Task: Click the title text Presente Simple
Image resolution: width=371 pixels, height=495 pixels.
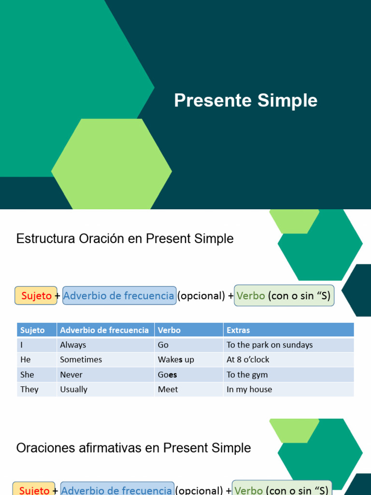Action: coord(245,101)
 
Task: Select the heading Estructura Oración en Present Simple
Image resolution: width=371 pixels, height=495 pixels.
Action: coord(125,239)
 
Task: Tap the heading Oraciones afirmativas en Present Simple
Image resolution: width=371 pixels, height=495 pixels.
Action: coord(133,448)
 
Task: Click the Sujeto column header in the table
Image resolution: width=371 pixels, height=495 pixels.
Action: coord(32,330)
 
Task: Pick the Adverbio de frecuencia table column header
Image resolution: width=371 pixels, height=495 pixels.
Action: coord(104,330)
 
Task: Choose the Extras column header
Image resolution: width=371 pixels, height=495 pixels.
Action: coord(238,330)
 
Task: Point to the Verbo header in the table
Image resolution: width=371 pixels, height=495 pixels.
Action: coord(169,330)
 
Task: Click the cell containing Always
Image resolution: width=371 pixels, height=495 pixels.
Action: coord(73,345)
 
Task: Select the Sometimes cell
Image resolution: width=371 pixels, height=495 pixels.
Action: coord(81,360)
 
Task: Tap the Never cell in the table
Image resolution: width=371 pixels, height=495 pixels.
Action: coord(71,375)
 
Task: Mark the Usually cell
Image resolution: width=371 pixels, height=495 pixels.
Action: coord(73,389)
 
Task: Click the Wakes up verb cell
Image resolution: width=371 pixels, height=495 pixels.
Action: coord(176,360)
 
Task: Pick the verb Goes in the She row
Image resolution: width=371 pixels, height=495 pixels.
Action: coord(168,375)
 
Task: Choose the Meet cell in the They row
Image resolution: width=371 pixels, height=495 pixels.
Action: coord(168,389)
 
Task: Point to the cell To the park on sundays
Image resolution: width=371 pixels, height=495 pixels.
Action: coord(270,345)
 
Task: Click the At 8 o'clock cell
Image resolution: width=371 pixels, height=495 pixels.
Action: coord(248,360)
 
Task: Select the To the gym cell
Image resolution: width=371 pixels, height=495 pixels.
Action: coord(247,375)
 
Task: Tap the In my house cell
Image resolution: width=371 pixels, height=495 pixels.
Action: coord(249,389)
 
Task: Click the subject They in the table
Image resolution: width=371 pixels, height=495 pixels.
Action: coord(29,389)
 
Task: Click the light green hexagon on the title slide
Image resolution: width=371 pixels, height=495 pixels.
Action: coord(112,164)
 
